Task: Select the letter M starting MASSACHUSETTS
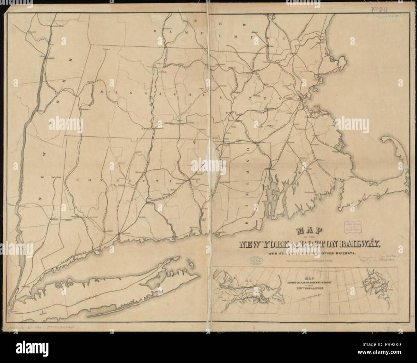[102, 92]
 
